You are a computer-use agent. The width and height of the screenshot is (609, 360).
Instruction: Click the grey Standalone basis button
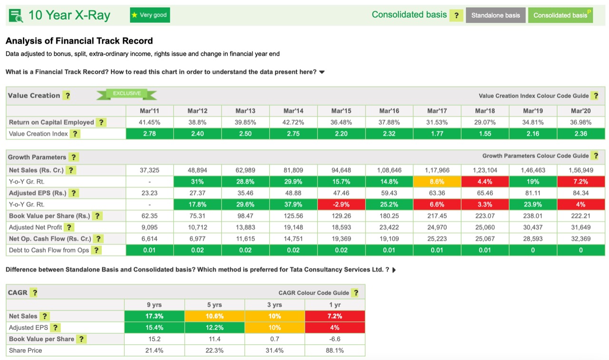[495, 15]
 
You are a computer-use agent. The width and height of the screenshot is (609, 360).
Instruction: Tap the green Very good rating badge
[149, 15]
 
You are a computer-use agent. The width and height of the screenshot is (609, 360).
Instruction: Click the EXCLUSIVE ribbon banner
[127, 94]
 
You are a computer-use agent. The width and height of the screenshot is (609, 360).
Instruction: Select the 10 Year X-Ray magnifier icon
[16, 16]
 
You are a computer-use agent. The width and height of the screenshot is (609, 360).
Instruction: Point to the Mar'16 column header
[389, 111]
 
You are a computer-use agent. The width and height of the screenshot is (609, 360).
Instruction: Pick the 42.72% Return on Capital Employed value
[293, 122]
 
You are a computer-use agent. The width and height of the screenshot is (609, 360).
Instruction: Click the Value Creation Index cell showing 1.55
[484, 134]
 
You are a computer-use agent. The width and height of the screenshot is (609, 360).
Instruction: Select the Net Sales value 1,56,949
[580, 170]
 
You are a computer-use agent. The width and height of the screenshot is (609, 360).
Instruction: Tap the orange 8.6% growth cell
[437, 182]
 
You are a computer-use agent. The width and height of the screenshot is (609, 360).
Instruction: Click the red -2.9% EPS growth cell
[341, 204]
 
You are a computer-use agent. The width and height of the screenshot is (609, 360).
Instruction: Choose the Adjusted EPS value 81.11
[532, 193]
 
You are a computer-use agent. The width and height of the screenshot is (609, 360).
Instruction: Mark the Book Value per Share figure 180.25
[389, 216]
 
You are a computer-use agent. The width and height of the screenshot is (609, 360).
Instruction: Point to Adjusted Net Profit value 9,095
[149, 227]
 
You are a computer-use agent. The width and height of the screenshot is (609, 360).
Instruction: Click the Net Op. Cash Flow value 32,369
[580, 239]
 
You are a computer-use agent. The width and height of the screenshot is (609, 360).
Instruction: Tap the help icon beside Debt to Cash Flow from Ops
[96, 250]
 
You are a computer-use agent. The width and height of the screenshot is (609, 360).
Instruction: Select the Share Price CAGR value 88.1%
[334, 350]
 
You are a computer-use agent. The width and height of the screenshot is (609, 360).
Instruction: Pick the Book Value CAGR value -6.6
[334, 339]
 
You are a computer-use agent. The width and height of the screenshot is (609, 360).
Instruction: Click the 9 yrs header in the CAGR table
[154, 304]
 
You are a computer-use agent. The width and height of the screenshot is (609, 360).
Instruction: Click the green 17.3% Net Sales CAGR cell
[154, 316]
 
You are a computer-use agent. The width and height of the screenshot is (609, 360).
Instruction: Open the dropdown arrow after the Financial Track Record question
[322, 72]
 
